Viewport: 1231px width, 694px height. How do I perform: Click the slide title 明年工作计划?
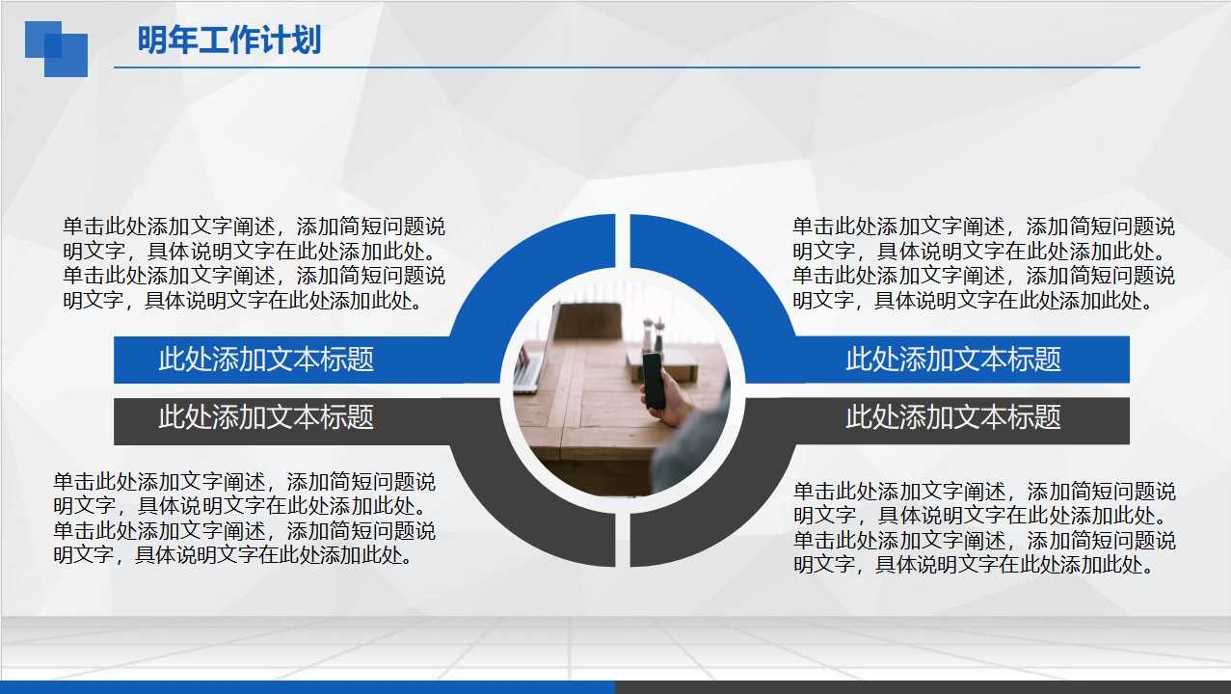coord(228,40)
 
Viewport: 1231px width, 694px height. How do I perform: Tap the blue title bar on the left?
coord(266,360)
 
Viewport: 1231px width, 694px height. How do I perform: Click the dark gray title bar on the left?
coord(266,418)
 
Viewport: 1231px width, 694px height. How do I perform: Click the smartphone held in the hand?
coord(654,380)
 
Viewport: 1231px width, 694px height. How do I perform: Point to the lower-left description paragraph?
coord(244,518)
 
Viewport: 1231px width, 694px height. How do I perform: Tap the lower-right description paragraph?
coord(984,528)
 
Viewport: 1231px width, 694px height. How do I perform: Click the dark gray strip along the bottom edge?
coord(923,687)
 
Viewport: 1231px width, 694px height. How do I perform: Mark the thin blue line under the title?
coord(627,67)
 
